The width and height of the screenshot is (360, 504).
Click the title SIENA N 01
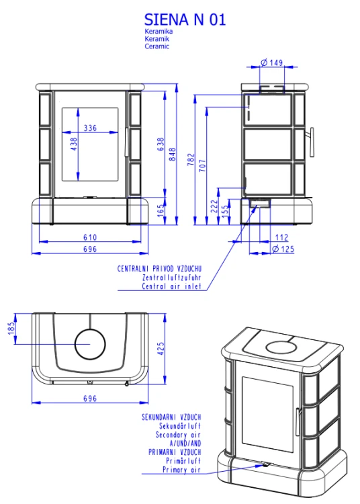pyautogui.click(x=185, y=19)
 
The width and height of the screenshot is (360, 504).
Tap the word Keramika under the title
pyautogui.click(x=159, y=31)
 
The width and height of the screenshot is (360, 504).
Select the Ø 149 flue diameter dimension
pyautogui.click(x=272, y=62)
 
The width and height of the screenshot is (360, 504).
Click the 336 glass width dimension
pyautogui.click(x=90, y=128)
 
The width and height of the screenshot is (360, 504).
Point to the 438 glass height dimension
pyautogui.click(x=74, y=144)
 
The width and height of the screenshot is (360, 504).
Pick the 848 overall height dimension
pyautogui.click(x=173, y=155)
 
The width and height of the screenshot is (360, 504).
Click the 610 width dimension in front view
pyautogui.click(x=90, y=237)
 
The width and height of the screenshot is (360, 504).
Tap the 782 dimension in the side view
pyautogui.click(x=191, y=159)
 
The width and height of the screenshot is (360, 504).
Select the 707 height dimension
pyautogui.click(x=202, y=165)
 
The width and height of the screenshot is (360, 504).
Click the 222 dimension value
pyautogui.click(x=214, y=206)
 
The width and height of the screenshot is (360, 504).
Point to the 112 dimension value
pyautogui.click(x=281, y=237)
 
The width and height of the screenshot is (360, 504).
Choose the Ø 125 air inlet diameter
pyautogui.click(x=283, y=249)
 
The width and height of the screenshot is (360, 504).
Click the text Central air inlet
pyautogui.click(x=171, y=286)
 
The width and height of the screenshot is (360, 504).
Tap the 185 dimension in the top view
pyautogui.click(x=11, y=328)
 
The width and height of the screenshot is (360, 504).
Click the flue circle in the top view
pyautogui.click(x=90, y=329)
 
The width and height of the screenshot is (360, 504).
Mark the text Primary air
pyautogui.click(x=181, y=470)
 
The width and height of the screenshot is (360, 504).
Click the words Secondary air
pyautogui.click(x=178, y=435)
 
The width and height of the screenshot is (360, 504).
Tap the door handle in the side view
pyautogui.click(x=311, y=142)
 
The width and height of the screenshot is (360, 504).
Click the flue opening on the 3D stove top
pyautogui.click(x=281, y=347)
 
